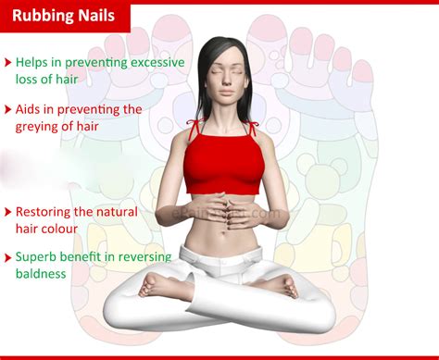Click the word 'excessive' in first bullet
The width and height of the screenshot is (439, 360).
[157, 62]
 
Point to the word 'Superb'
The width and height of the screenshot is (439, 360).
[36, 256]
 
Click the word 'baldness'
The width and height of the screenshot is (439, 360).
[41, 274]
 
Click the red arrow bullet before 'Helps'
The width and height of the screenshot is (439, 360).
[7, 63]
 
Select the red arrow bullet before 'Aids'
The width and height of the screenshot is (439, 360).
[7, 109]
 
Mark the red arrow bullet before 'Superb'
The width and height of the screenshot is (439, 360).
[7, 257]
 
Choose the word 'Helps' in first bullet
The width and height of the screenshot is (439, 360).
[32, 62]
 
